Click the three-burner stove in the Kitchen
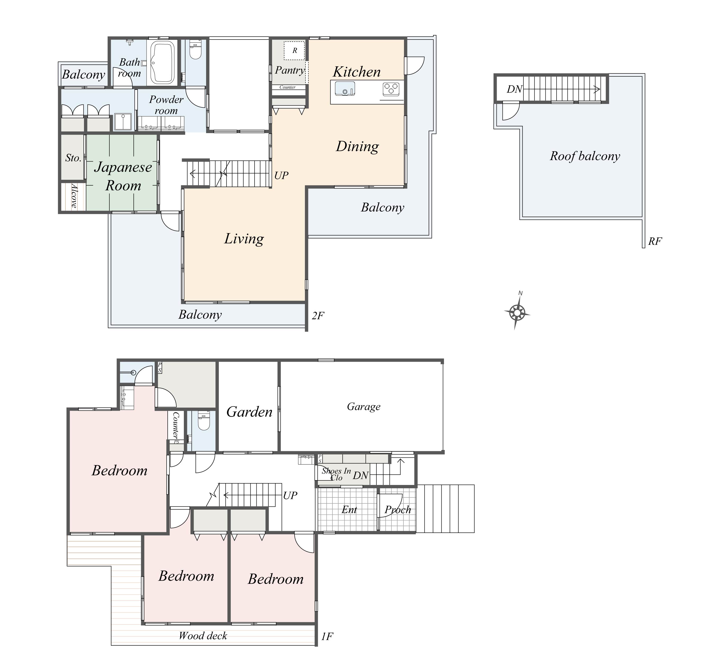(391, 89)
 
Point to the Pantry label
(290, 70)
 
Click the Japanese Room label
(123, 176)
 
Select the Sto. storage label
(73, 158)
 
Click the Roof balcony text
(585, 156)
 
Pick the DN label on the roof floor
(514, 89)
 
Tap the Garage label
(363, 406)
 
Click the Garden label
(249, 412)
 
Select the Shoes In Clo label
(336, 474)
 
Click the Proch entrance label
(398, 510)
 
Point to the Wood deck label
(203, 636)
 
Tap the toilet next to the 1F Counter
(204, 421)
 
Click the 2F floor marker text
(318, 316)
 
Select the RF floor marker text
(655, 241)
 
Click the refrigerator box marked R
(294, 51)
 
